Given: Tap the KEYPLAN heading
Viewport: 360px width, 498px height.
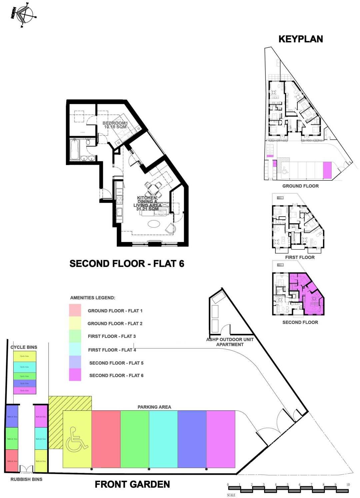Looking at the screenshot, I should pyautogui.click(x=300, y=39).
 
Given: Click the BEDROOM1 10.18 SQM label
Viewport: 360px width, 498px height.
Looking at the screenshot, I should pyautogui.click(x=115, y=125).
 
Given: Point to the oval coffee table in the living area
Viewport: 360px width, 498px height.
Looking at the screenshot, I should pyautogui.click(x=154, y=224).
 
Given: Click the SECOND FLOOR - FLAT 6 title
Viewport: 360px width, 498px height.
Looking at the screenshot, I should pyautogui.click(x=127, y=264).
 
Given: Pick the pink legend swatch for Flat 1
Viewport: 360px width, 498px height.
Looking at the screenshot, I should pyautogui.click(x=75, y=310).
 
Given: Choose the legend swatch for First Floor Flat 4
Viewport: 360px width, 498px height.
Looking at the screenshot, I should pyautogui.click(x=75, y=349).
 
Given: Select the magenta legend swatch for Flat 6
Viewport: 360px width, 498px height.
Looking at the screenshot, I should pyautogui.click(x=75, y=375).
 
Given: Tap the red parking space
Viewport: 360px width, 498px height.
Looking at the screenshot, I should pyautogui.click(x=106, y=439).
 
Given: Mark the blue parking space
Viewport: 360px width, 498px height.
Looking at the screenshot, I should pyautogui.click(x=192, y=439).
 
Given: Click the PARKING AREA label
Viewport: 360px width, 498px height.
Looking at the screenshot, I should pyautogui.click(x=154, y=407).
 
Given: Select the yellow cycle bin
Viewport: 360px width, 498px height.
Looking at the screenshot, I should pyautogui.click(x=25, y=356).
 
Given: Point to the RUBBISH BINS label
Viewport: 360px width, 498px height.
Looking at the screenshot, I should pyautogui.click(x=26, y=479).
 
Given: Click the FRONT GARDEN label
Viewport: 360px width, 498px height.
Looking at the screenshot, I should pyautogui.click(x=132, y=484).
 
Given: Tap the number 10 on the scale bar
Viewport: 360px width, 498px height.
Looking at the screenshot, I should pyautogui.click(x=348, y=485).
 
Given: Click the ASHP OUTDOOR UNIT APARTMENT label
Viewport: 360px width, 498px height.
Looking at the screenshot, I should pyautogui.click(x=230, y=342).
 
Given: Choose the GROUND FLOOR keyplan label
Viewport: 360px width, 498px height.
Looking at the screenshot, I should pyautogui.click(x=300, y=186).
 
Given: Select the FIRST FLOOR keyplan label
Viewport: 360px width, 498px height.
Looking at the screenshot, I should pyautogui.click(x=300, y=257).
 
